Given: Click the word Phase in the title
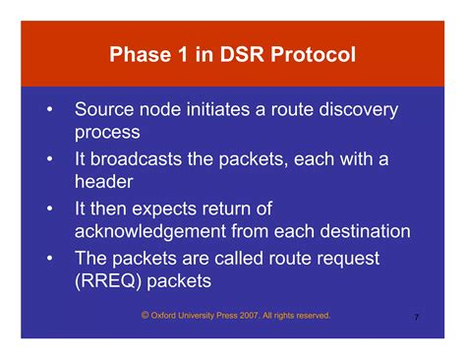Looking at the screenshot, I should [140, 53].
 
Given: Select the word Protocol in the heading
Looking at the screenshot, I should [316, 53].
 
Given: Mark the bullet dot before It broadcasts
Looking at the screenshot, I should [48, 158].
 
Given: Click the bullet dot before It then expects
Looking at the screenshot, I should [48, 209].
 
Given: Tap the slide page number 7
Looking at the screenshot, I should [417, 319].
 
